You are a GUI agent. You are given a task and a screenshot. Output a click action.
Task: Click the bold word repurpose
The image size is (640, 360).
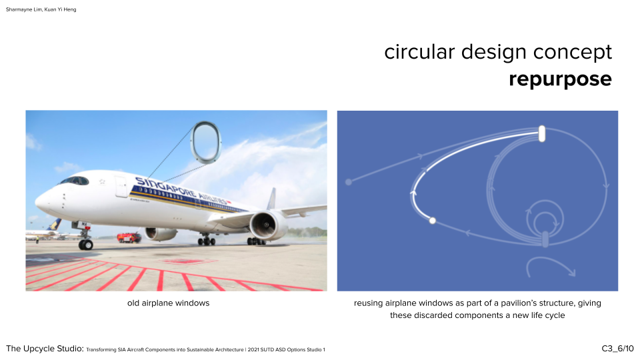tap(560, 79)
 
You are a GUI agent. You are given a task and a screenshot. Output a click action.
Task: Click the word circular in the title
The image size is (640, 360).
tap(419, 52)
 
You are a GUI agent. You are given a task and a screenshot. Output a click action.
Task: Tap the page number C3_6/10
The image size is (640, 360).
tap(617, 349)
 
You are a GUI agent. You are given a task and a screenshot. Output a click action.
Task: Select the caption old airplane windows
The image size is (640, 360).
tap(168, 303)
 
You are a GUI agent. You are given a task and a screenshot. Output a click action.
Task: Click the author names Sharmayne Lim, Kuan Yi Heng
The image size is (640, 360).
tap(41, 9)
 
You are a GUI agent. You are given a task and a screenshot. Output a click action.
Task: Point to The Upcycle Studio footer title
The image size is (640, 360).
tap(45, 349)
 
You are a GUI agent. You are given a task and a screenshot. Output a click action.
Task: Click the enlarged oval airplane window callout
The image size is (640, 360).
tap(206, 143)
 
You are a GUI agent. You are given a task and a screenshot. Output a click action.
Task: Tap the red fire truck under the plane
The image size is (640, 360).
tap(129, 237)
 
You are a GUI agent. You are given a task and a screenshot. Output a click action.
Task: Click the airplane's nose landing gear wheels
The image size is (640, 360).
tap(86, 245)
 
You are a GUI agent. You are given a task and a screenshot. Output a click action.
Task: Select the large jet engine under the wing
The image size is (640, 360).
tap(268, 225)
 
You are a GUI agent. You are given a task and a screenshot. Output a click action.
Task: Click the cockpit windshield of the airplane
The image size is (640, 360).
tap(75, 181)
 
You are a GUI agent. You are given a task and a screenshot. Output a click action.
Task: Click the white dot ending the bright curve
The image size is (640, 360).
tap(432, 221)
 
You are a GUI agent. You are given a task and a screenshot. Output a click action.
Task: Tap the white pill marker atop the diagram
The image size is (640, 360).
tap(541, 134)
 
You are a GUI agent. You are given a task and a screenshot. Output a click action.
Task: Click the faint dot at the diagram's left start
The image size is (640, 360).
tap(349, 182)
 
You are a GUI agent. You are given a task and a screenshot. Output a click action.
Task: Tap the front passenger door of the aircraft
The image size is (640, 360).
tap(121, 187)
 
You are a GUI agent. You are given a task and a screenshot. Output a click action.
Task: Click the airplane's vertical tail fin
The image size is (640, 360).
tap(272, 199)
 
